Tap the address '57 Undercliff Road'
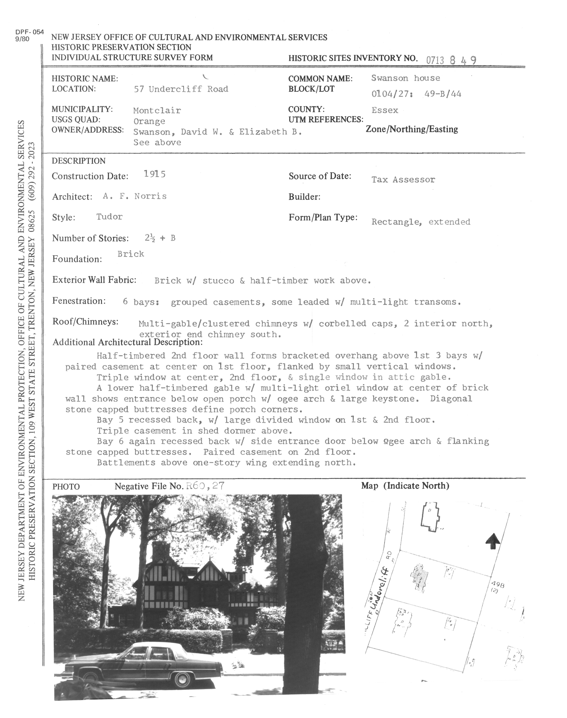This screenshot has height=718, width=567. click(x=181, y=89)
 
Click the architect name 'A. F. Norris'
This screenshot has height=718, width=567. click(x=134, y=196)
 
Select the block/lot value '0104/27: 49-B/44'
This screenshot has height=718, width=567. click(x=416, y=94)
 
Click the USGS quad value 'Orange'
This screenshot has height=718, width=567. click(x=149, y=121)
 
